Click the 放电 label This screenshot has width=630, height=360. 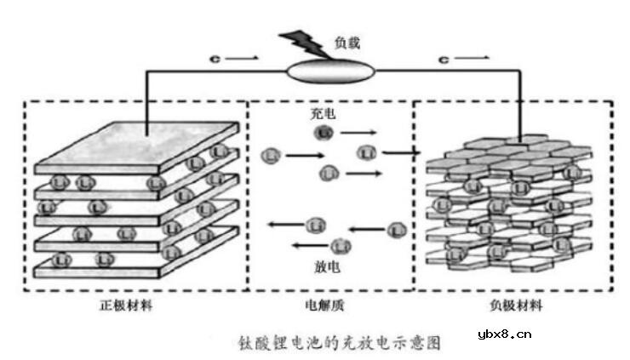pos(328,266)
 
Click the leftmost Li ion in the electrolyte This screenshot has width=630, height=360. pos(272,156)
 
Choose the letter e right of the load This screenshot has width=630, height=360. pos(443,60)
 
